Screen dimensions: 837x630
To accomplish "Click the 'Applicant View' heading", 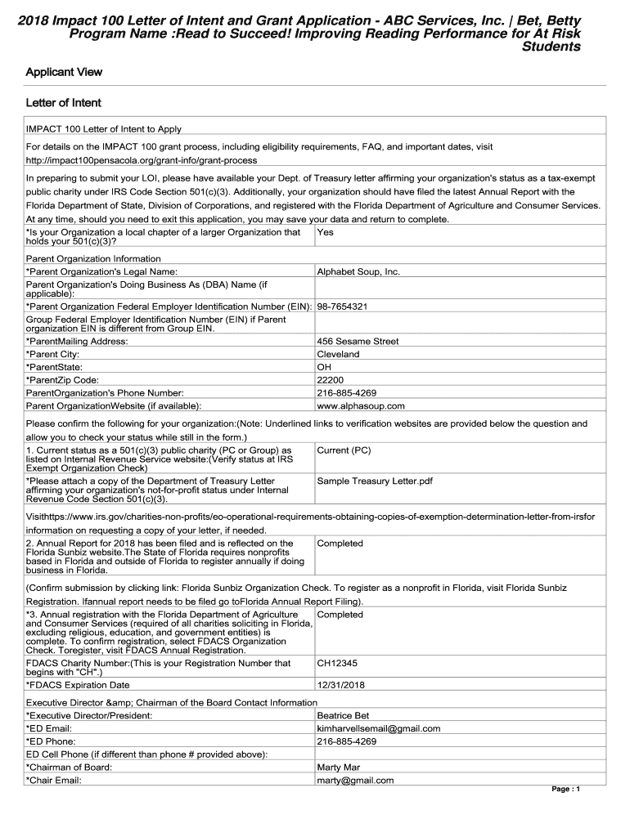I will coord(64,72).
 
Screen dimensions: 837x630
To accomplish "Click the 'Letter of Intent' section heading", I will coord(64,103).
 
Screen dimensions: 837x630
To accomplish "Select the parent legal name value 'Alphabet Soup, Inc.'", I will coord(358,271).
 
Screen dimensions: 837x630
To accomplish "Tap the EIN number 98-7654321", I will coord(342,307).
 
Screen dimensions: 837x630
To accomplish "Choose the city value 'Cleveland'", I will coord(338,355).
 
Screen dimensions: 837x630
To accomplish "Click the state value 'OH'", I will coord(324,367).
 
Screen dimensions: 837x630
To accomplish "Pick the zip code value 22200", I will coord(330,380).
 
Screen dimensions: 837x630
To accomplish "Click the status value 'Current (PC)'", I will coord(344,450).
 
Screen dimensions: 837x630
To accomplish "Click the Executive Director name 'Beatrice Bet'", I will coord(343,715).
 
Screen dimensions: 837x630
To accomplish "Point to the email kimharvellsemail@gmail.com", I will coord(378,728).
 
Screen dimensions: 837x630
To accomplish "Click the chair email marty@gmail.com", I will coord(355,781).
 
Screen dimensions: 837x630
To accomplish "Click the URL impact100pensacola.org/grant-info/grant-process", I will coord(142,160).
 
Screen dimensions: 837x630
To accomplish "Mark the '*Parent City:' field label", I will coord(54,355).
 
